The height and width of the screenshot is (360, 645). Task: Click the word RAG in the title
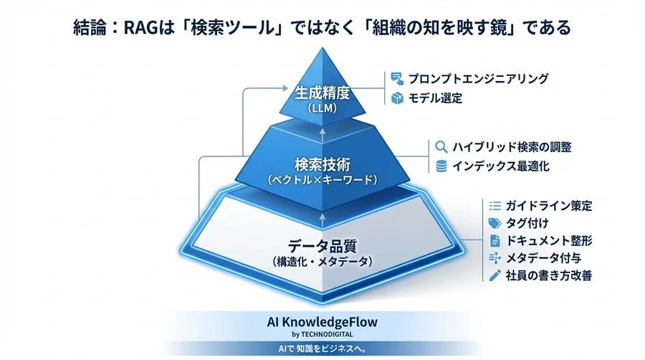(x=143, y=28)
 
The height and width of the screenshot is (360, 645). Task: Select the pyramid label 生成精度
(x=322, y=93)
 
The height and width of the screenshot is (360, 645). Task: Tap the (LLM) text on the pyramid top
(x=322, y=109)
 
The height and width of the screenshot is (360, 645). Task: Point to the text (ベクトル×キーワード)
(x=321, y=180)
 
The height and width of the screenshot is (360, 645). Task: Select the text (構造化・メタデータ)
(x=321, y=262)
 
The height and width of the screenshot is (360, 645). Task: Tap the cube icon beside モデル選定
(x=396, y=98)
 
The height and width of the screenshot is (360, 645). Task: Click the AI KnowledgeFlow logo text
(x=322, y=323)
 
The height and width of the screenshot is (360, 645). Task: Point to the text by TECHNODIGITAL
(x=322, y=335)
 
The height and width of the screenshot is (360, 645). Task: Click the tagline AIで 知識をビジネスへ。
(x=322, y=349)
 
